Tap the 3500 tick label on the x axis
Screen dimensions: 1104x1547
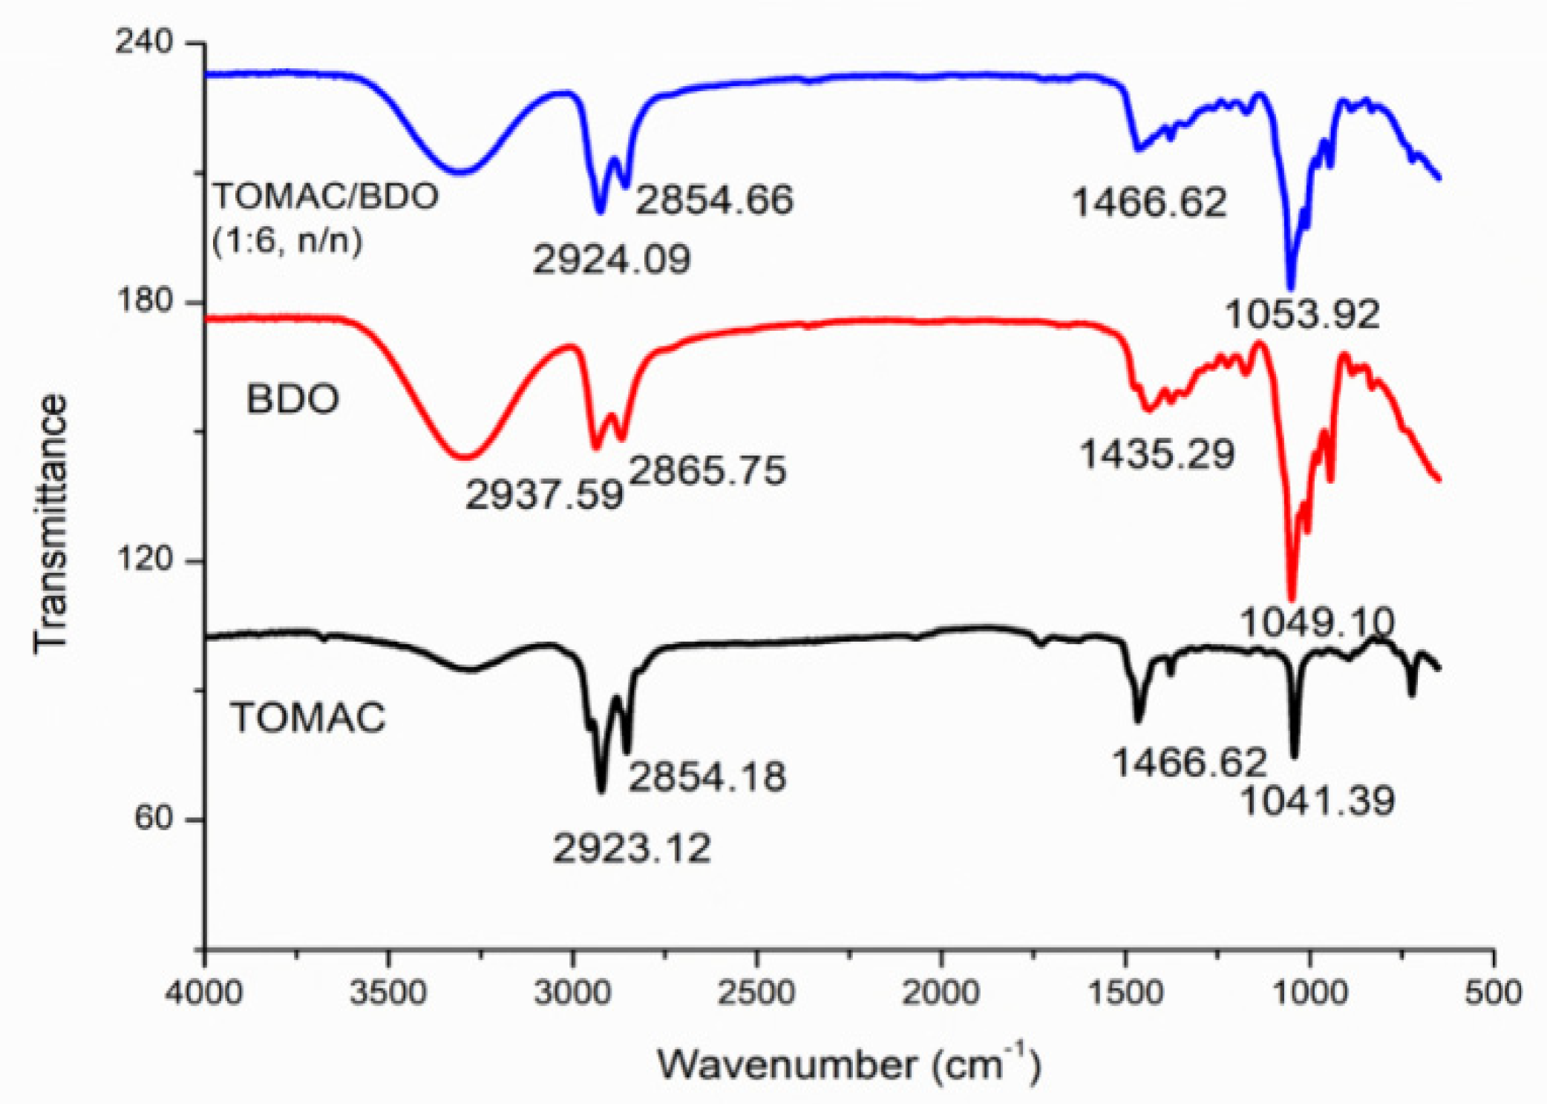[388, 992]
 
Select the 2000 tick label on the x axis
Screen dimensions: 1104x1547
[941, 992]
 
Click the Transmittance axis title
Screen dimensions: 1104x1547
[50, 524]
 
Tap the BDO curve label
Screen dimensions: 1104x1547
[292, 399]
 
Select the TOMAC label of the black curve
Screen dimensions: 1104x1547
[308, 717]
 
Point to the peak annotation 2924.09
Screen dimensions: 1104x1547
[612, 259]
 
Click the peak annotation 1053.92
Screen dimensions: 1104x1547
[1302, 314]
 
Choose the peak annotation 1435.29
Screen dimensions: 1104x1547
[1157, 453]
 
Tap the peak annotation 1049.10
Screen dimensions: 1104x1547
[1317, 621]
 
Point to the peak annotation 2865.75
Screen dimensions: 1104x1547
[707, 470]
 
